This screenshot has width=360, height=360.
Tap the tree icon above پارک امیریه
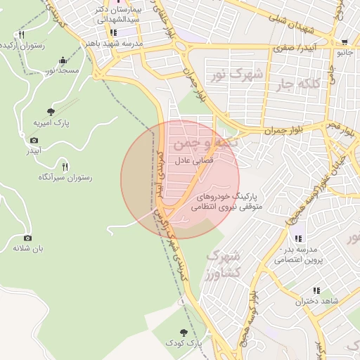coord(50,111)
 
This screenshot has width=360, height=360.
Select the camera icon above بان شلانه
coord(27,238)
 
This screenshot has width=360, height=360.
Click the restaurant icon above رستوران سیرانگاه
coord(65,167)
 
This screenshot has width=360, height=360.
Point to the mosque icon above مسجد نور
coord(63,60)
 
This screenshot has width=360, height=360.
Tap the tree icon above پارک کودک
coord(184,332)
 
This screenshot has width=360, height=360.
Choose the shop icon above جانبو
coord(344,42)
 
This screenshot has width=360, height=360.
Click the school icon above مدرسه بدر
coord(299,239)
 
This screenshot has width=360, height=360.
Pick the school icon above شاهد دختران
coord(316,290)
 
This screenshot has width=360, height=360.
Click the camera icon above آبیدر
coord(34,141)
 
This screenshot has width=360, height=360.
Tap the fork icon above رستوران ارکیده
coord(22,34)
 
